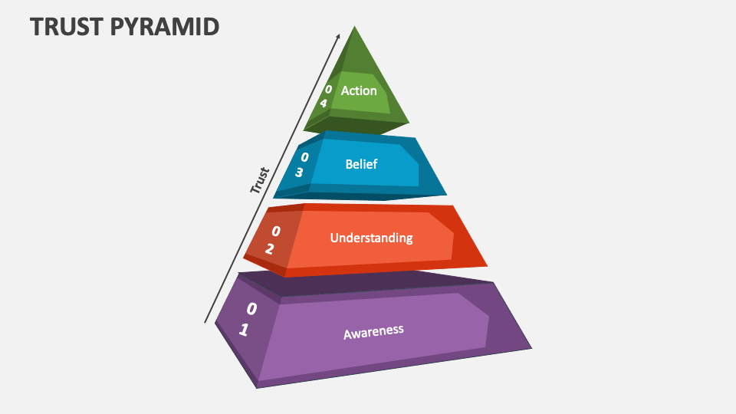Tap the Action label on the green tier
click(359, 90)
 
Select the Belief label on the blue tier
click(361, 164)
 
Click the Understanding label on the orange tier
click(371, 238)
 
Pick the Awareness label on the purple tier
click(373, 332)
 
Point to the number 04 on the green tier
click(326, 96)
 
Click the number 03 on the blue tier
click(301, 165)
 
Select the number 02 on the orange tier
click(272, 239)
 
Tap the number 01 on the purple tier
click(247, 319)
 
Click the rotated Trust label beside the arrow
click(261, 179)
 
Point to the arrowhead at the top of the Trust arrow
click(337, 35)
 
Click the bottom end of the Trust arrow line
click(205, 322)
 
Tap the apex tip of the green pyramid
click(354, 27)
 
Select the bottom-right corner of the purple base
click(531, 348)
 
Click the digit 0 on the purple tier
click(251, 309)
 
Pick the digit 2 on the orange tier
click(269, 248)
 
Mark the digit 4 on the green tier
click(324, 103)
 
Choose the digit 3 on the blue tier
click(299, 172)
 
